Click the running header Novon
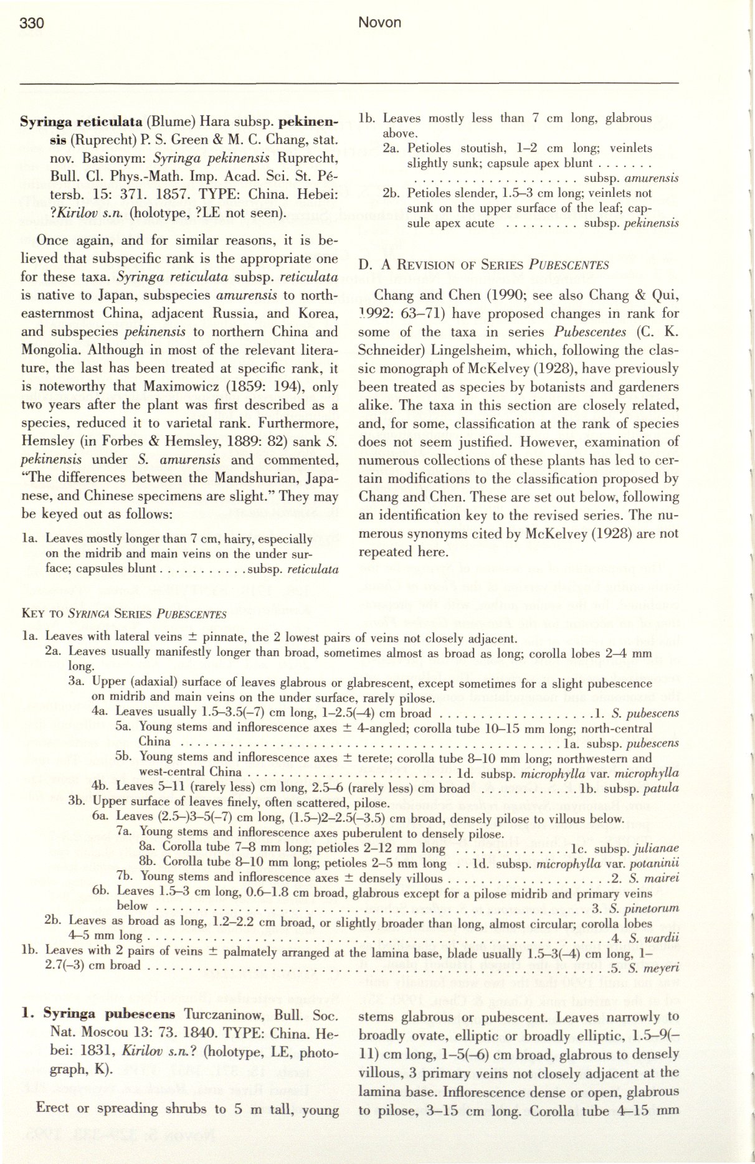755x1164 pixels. coord(380,23)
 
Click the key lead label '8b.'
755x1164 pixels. coord(148,863)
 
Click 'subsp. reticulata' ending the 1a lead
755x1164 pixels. coord(293,569)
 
